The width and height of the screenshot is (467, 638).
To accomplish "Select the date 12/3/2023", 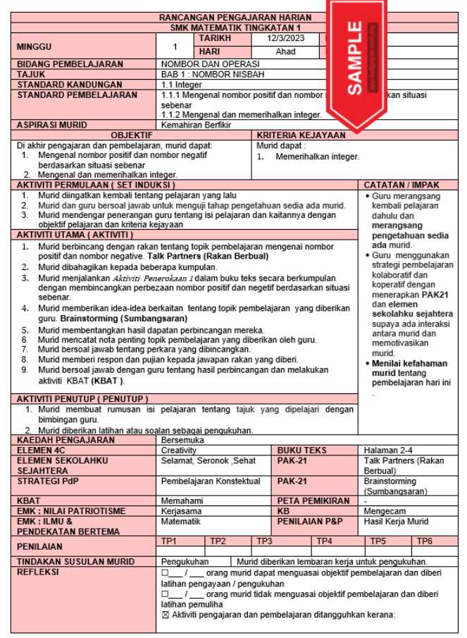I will coord(285,39).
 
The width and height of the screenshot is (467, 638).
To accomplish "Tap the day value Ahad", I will coord(285,51).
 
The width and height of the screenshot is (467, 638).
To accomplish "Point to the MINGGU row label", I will coord(35,46).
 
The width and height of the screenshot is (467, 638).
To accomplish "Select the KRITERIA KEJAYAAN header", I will coord(301,135).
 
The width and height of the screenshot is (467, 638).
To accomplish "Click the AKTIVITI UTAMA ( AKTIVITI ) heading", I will coord(75,234).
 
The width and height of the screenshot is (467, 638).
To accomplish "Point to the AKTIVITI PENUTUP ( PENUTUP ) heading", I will coord(82,399).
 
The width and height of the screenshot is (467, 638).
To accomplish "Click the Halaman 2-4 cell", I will coord(389,450).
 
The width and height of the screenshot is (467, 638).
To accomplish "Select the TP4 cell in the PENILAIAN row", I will coord(324,541).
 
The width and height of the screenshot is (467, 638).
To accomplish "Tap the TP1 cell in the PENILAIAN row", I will coord(169,541).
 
